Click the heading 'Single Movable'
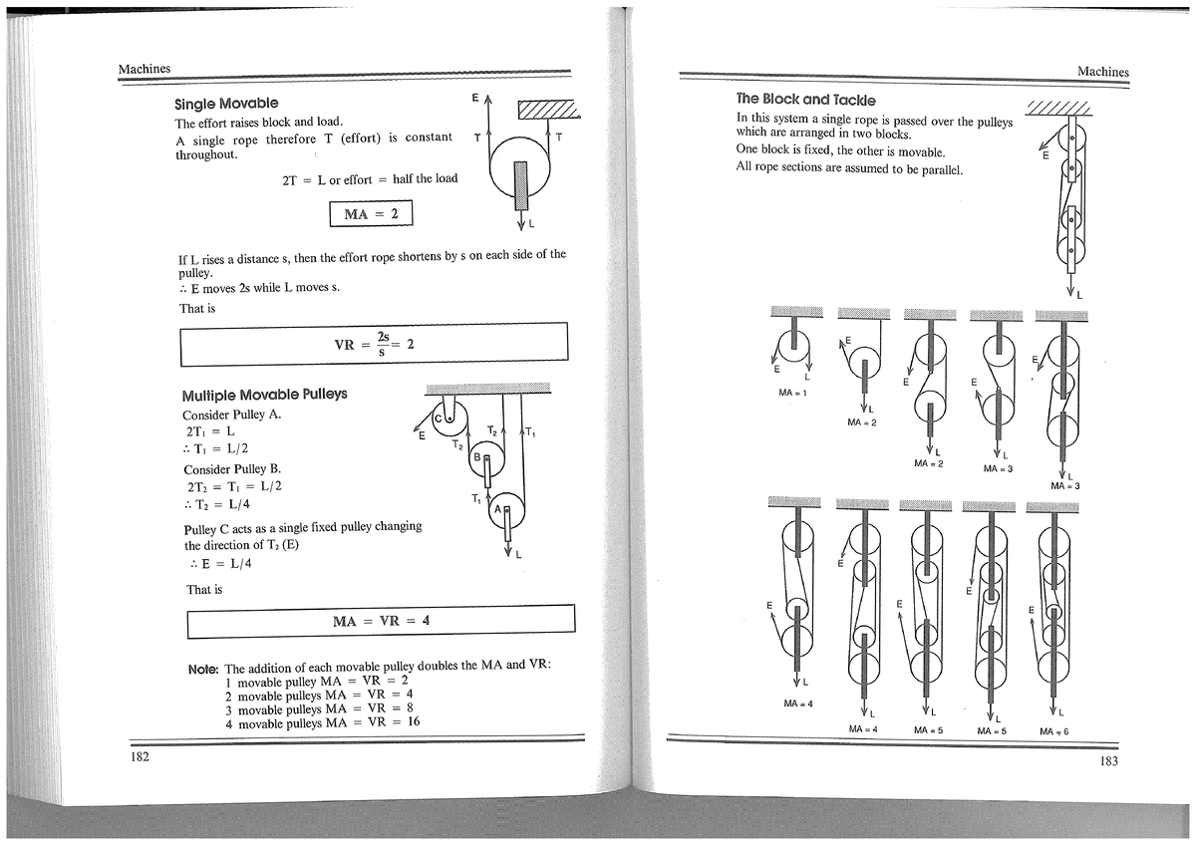pyautogui.click(x=226, y=104)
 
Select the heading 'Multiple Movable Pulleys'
pyautogui.click(x=264, y=394)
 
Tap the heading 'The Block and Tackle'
pyautogui.click(x=805, y=100)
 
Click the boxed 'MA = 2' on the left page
pyautogui.click(x=370, y=214)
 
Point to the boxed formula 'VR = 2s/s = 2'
pyautogui.click(x=374, y=344)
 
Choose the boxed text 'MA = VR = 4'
pyautogui.click(x=382, y=620)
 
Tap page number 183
pyautogui.click(x=1107, y=762)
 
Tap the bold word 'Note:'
pyautogui.click(x=202, y=668)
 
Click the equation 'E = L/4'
pyautogui.click(x=226, y=563)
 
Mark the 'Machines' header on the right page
pyautogui.click(x=1102, y=72)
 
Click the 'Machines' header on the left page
pyautogui.click(x=145, y=68)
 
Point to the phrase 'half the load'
pyautogui.click(x=426, y=178)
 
